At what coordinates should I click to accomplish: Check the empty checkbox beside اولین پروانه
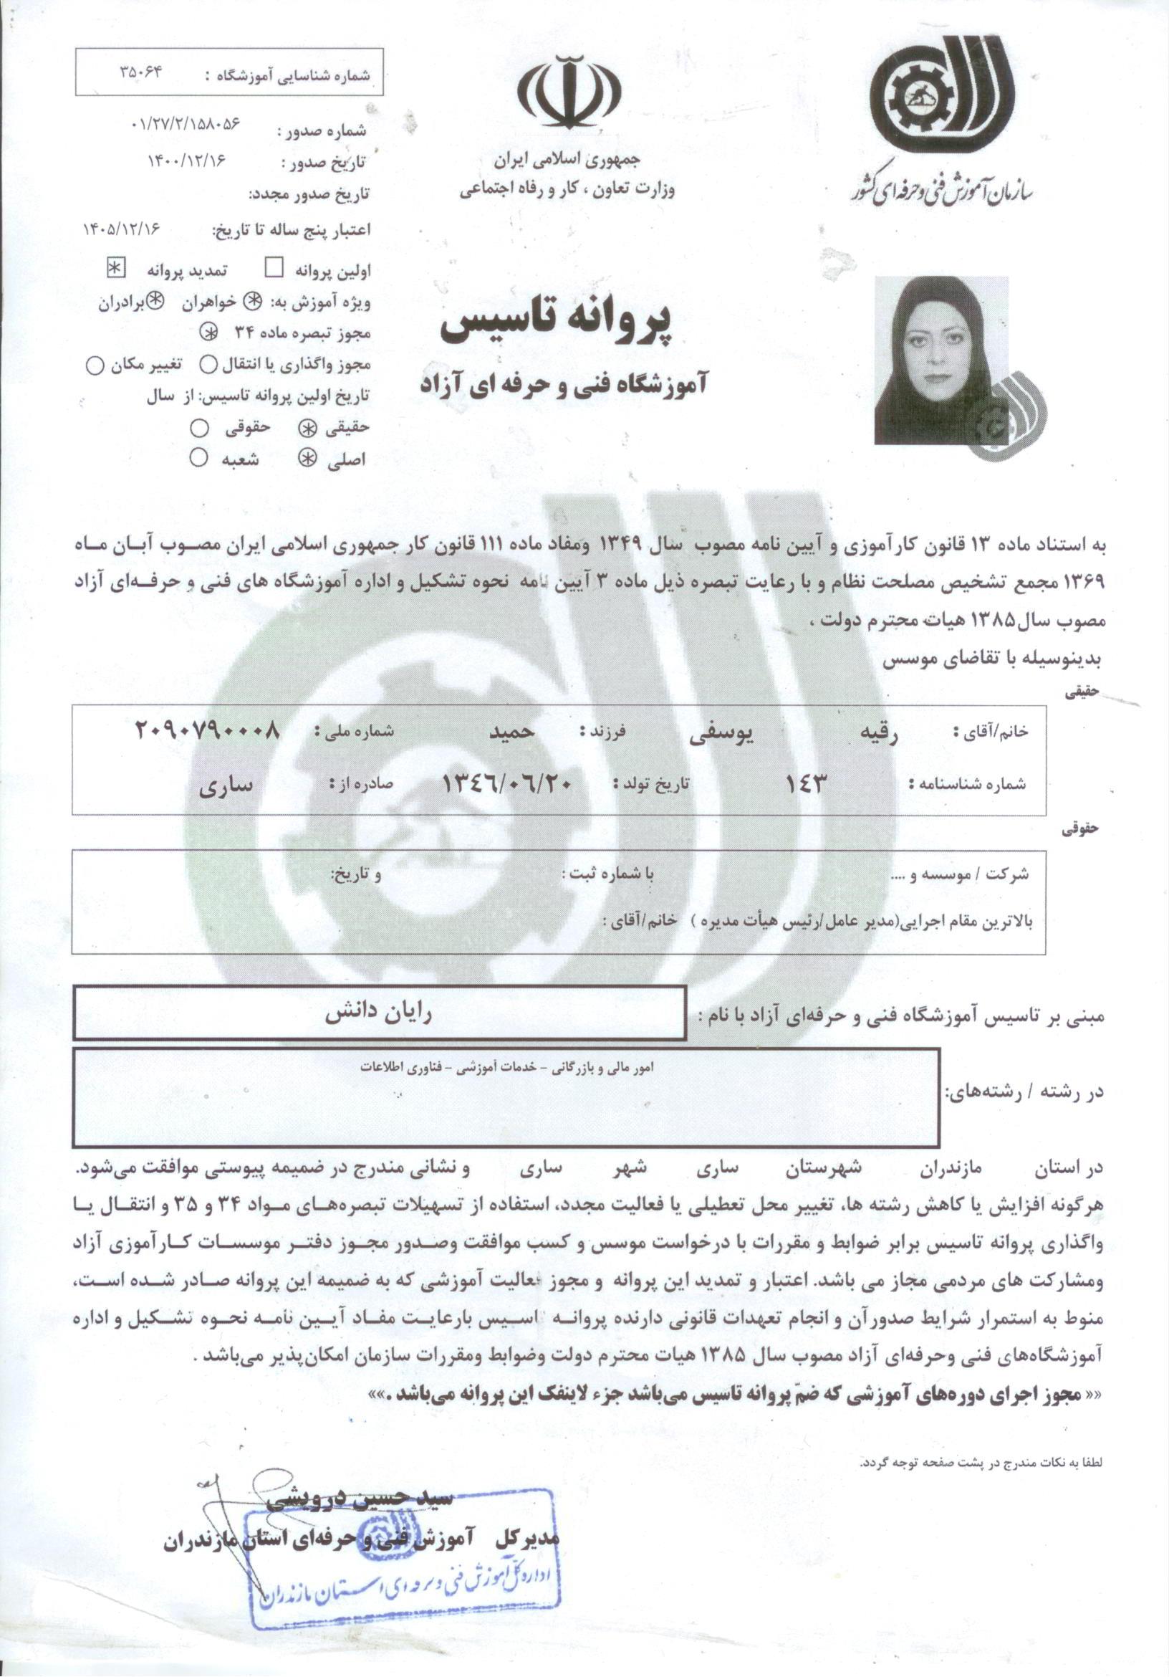pos(274,269)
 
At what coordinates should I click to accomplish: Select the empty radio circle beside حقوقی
pos(198,429)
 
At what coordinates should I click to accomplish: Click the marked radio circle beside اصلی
pos(309,458)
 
